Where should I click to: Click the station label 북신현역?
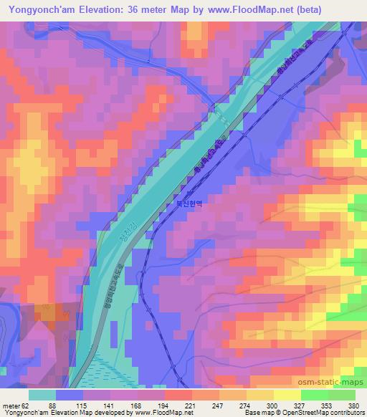[190, 204]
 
